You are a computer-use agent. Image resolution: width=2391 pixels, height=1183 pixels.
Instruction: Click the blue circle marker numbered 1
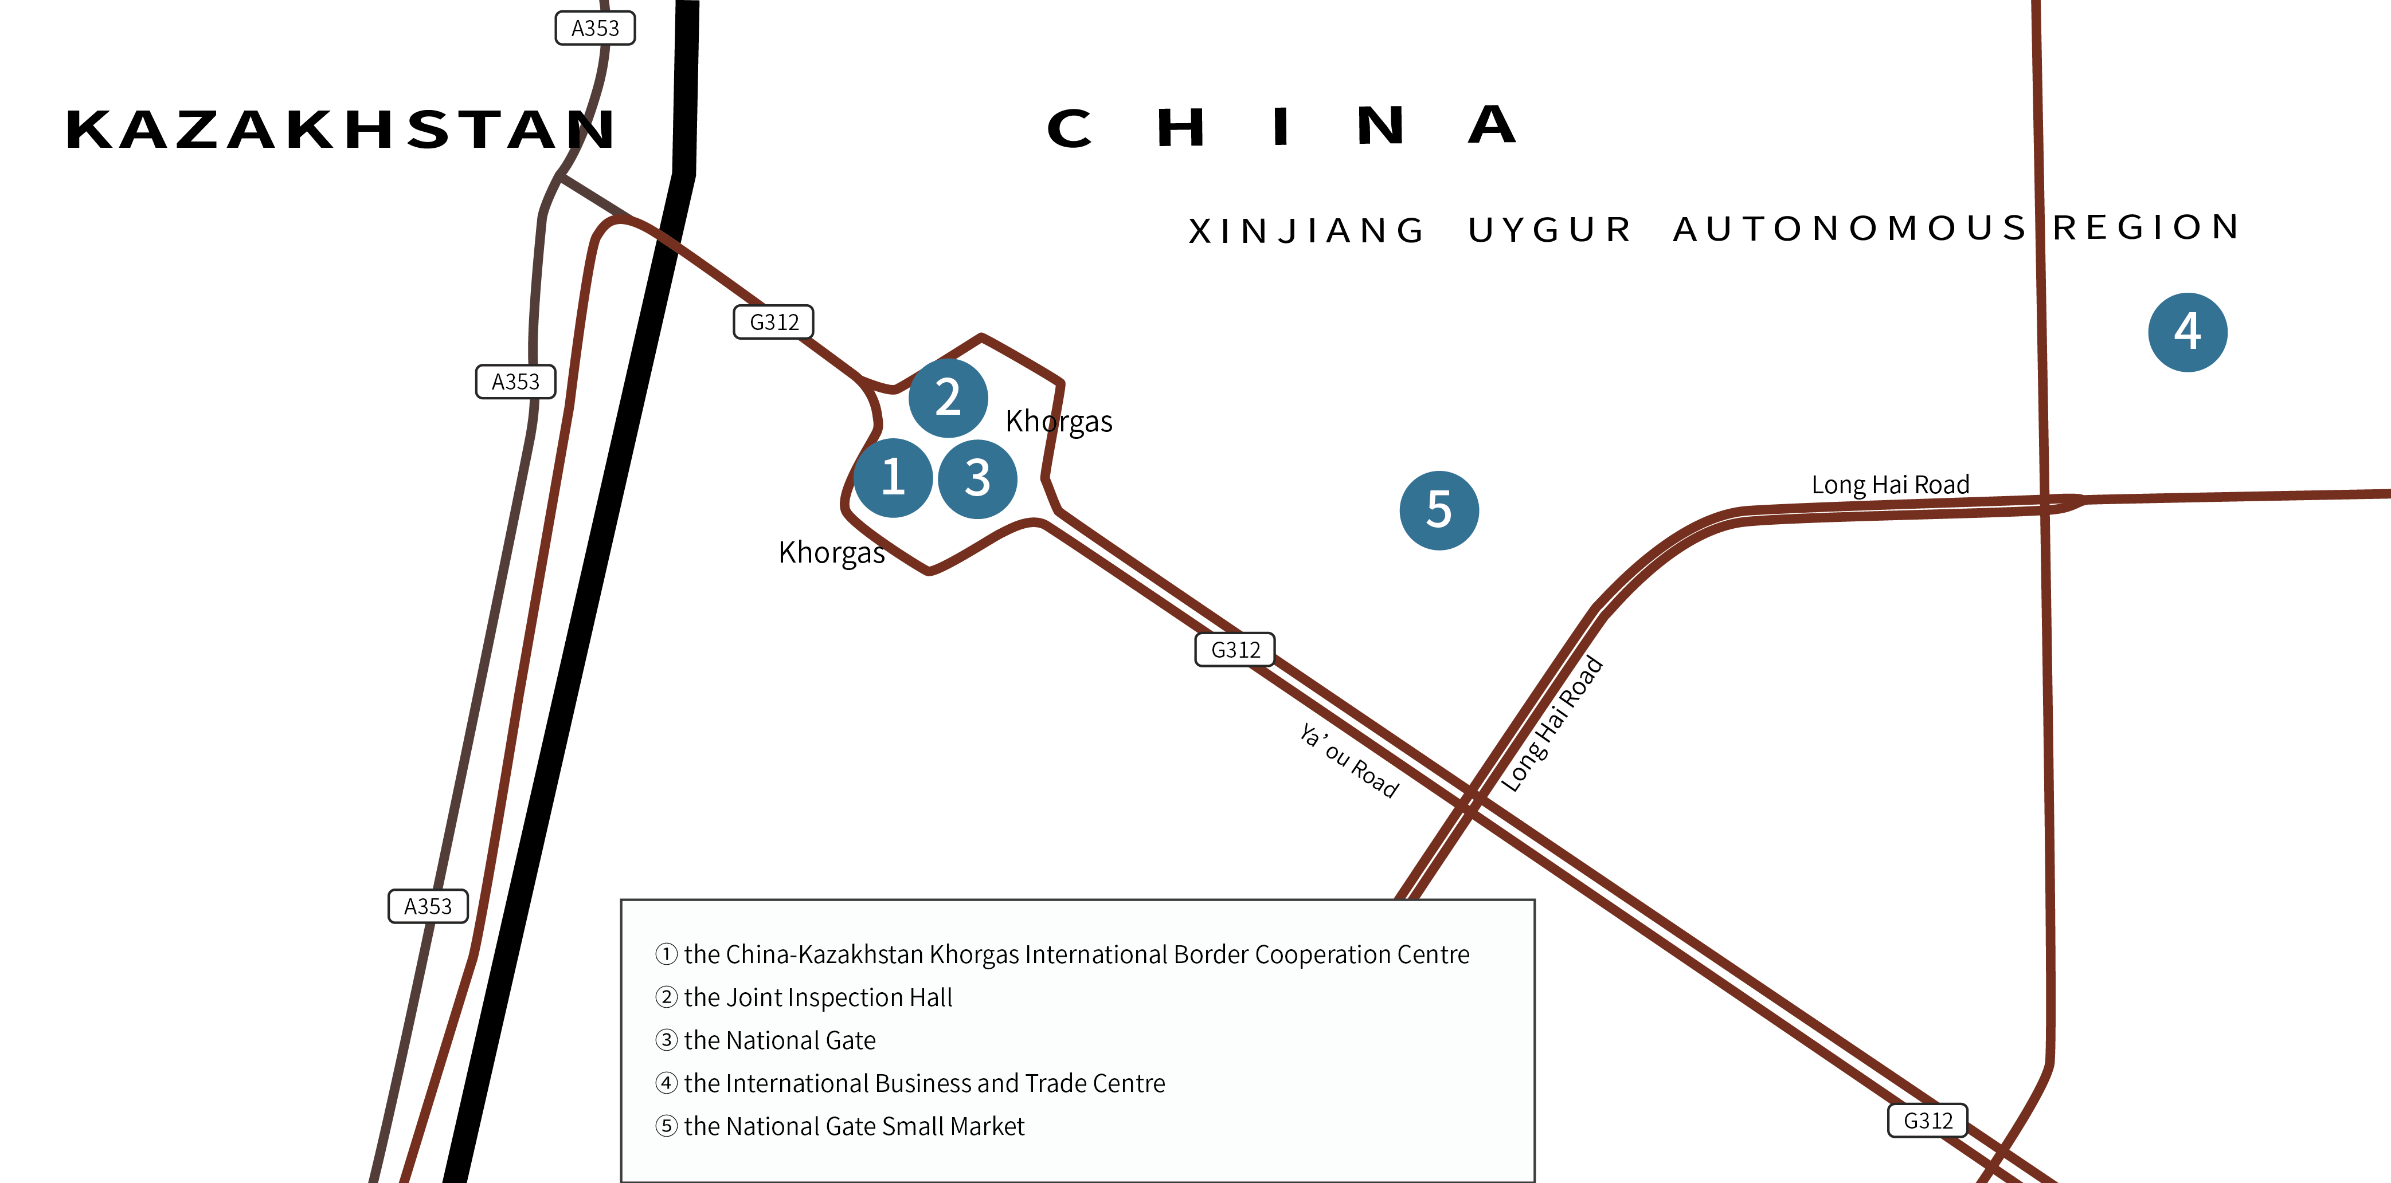coord(893,478)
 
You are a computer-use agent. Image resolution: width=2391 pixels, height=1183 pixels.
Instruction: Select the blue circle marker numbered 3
coord(977,479)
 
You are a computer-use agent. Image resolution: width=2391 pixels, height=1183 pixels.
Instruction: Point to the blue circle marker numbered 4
coord(2187,332)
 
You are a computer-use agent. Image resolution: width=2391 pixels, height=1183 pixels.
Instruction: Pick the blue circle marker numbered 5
coord(1439,510)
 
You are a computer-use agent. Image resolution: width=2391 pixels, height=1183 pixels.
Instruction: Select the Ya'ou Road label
coord(1349,761)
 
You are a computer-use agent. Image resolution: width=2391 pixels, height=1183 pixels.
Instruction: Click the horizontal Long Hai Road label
coord(1890,484)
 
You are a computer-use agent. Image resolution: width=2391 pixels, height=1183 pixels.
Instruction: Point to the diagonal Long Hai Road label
coord(1552,724)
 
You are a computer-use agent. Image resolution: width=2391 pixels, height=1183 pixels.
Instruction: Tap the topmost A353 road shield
coord(595,28)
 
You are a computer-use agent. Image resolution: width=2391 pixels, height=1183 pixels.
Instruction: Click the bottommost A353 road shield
coord(428,906)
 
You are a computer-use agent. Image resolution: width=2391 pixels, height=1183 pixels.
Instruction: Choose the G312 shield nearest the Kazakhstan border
coord(774,322)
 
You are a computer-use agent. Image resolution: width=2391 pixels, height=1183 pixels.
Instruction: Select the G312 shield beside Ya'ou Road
coord(1235,650)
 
